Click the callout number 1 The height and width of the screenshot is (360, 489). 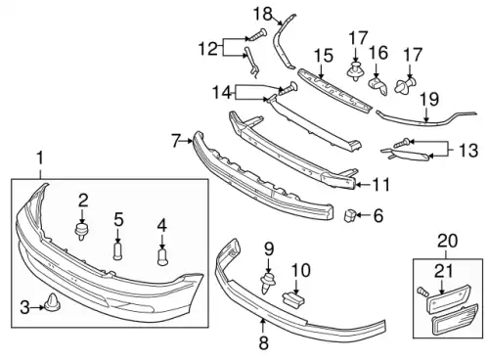tap(40, 158)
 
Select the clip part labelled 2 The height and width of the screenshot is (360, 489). tap(82, 231)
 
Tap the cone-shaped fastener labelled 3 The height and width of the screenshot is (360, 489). tap(52, 302)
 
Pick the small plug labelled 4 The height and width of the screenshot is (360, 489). tap(162, 257)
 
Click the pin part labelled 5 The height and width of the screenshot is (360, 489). tap(117, 249)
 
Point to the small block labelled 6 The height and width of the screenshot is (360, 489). tap(350, 215)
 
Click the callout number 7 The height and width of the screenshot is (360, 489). tap(176, 141)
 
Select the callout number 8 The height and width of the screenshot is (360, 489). tap(263, 343)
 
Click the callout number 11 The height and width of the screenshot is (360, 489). tap(381, 185)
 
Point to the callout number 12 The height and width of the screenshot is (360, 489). tap(208, 49)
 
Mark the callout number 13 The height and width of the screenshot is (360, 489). tap(468, 151)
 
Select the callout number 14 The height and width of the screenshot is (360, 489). tap(222, 92)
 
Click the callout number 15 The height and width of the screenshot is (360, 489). tap(324, 56)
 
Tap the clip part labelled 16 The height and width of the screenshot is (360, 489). tap(378, 86)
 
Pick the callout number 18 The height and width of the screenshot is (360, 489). tap(263, 14)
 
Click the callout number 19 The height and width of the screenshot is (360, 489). tap(429, 100)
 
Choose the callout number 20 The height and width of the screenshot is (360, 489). tap(448, 241)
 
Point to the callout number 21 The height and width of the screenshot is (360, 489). tap(443, 271)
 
